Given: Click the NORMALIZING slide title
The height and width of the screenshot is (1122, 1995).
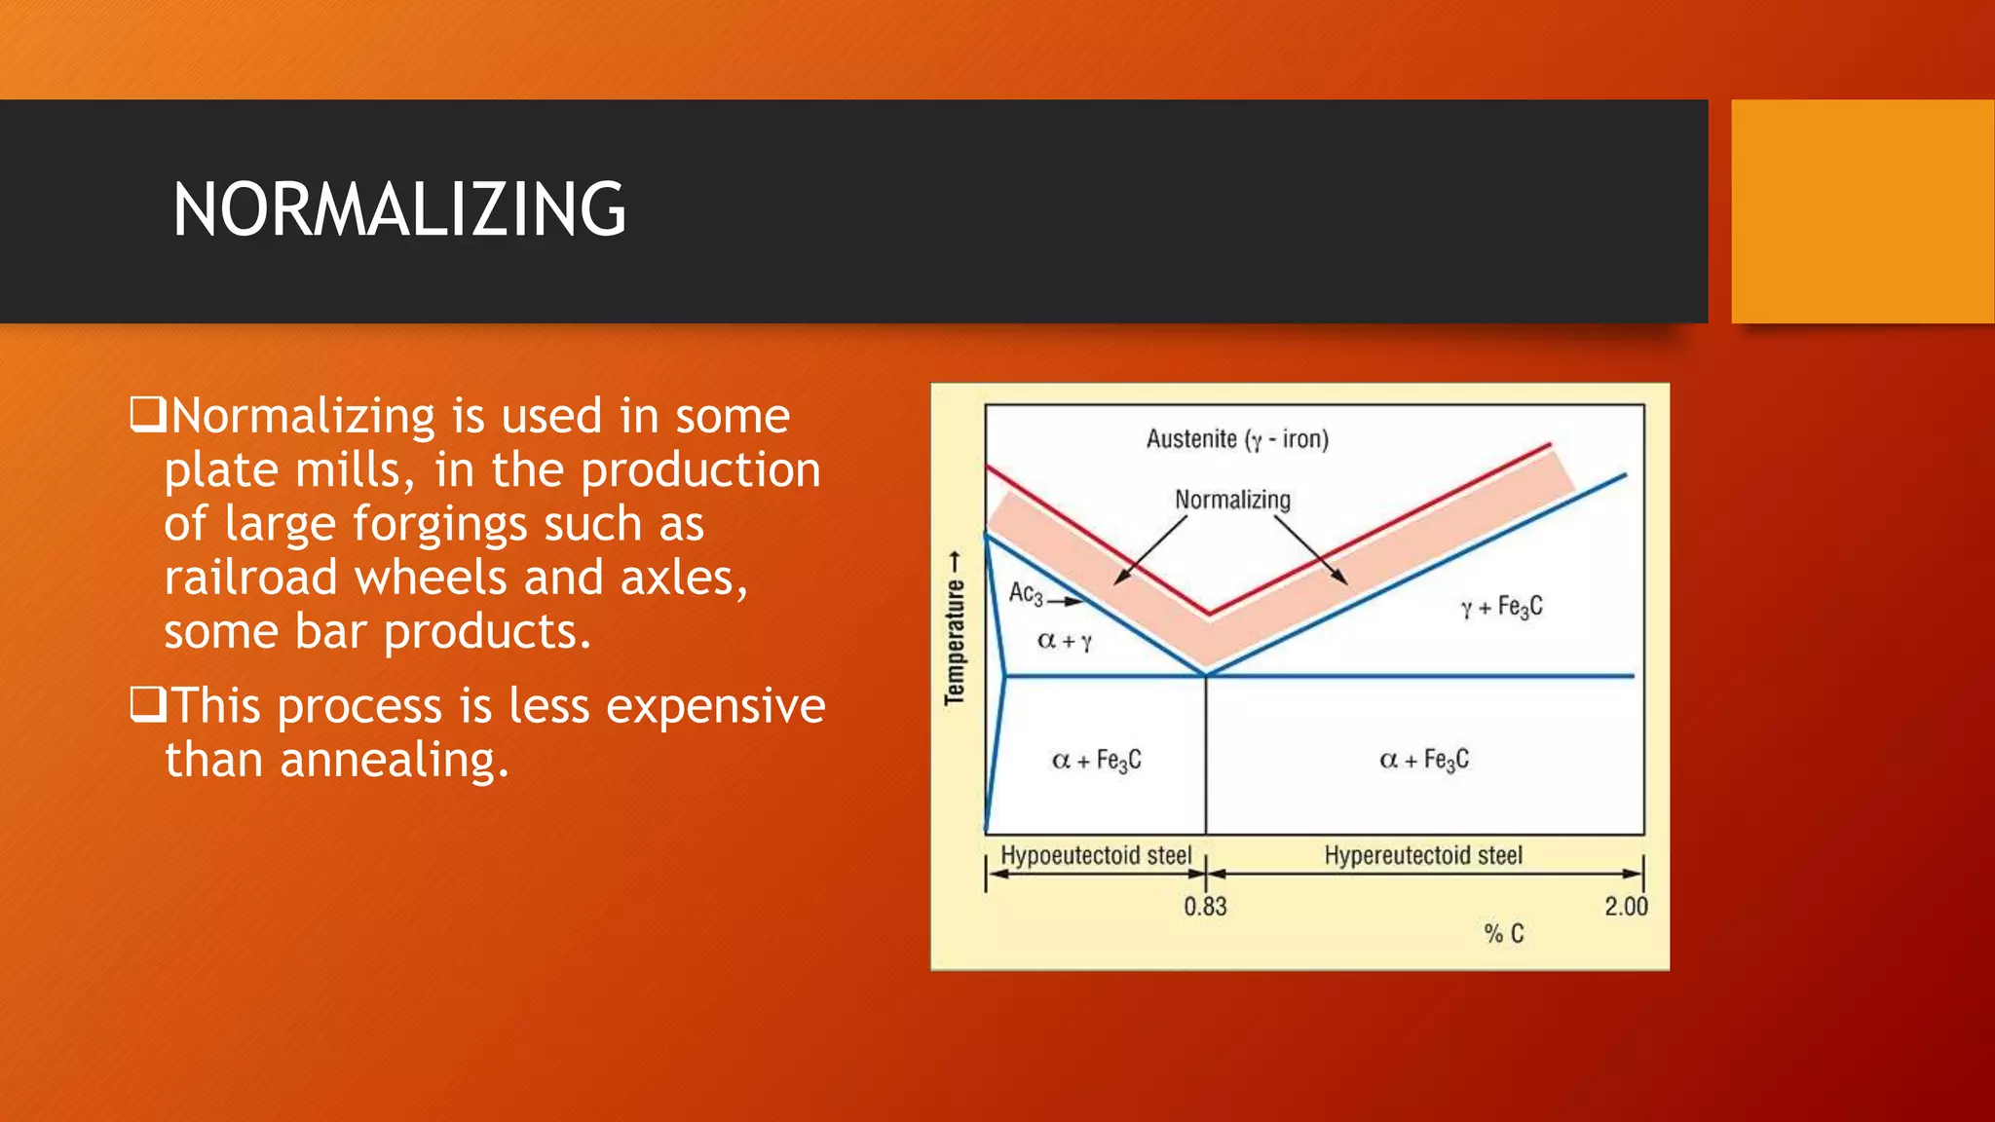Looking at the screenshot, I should (399, 209).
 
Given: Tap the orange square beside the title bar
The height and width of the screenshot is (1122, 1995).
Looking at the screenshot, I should (1862, 211).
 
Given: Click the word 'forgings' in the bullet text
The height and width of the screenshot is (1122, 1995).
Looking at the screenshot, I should (440, 524).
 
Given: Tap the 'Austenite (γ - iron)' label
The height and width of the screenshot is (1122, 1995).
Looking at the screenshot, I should (1237, 439).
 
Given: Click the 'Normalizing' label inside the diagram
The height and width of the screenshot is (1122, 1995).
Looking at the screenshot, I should (1232, 500).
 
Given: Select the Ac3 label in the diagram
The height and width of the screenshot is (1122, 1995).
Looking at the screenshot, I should (1026, 593).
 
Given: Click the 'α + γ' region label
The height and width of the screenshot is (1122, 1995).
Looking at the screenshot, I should (1064, 641).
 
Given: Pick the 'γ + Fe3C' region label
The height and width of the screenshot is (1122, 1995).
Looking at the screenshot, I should (1501, 607).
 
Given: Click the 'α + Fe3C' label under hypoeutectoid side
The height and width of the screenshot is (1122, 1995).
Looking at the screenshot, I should (1097, 760).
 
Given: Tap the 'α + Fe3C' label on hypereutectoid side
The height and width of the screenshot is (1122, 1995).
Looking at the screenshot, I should (1424, 760).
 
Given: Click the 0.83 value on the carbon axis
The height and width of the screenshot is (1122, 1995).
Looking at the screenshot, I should (1205, 907).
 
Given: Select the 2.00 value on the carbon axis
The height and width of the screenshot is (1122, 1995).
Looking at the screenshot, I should (1626, 907).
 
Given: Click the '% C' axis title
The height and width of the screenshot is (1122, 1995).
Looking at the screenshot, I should (1503, 934).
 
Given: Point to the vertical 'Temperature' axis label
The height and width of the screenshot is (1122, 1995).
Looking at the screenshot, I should (955, 628).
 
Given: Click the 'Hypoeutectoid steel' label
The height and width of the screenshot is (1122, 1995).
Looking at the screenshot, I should (1096, 855).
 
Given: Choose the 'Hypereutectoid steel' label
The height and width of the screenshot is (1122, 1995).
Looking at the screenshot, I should (1422, 855).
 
